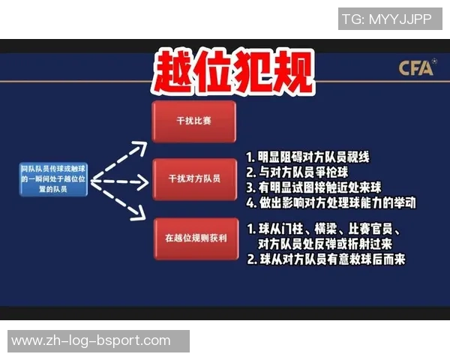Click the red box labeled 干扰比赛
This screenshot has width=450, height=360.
[x=194, y=121]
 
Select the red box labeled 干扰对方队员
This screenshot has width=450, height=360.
[x=194, y=179]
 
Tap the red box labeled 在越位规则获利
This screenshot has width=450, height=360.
[x=194, y=238]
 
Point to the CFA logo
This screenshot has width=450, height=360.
[x=415, y=68]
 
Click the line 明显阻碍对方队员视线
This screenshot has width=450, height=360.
[x=307, y=157]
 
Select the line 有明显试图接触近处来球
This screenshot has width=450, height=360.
[x=318, y=187]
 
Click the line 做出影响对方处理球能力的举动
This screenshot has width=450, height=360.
[x=330, y=202]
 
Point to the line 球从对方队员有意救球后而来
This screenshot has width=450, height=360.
[x=325, y=259]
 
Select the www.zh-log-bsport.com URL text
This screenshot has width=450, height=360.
[x=91, y=340]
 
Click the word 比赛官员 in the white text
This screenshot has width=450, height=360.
[x=382, y=229]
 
